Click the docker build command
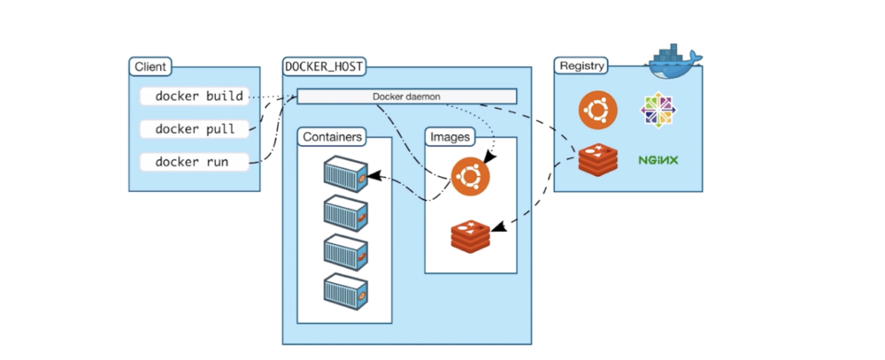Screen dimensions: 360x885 click(199, 96)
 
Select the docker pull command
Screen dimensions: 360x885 click(196, 129)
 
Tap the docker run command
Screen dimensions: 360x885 click(192, 162)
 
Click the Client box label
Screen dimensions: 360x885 click(150, 67)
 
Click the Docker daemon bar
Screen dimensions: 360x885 click(406, 96)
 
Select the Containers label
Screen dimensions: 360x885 click(332, 137)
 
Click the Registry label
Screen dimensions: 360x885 click(582, 67)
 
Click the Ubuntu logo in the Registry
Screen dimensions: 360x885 click(597, 111)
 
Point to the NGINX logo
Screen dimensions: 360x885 click(658, 160)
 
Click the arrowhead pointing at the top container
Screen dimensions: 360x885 click(374, 176)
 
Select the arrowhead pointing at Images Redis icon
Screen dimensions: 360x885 click(497, 229)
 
